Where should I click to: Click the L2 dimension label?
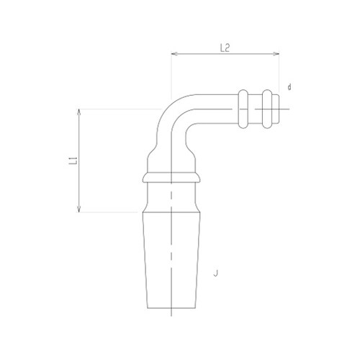click(224, 48)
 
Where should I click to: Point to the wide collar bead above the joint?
click(171, 177)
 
